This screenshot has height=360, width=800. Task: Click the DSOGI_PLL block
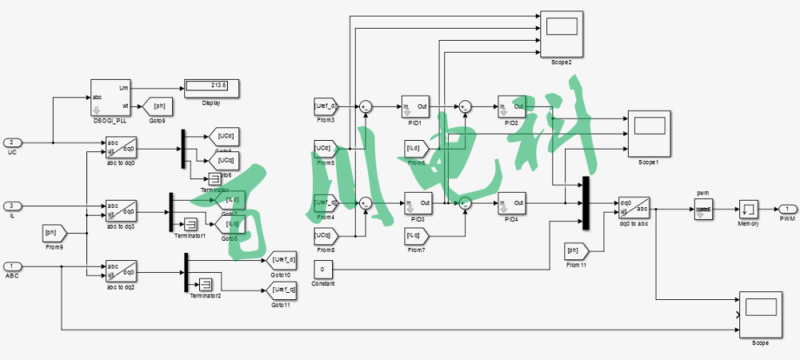pyautogui.click(x=110, y=97)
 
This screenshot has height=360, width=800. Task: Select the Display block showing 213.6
pyautogui.click(x=212, y=86)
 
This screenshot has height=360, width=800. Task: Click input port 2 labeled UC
pyautogui.click(x=12, y=142)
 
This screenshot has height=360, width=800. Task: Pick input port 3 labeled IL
pyautogui.click(x=12, y=206)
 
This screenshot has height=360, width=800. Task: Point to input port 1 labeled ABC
pyautogui.click(x=12, y=266)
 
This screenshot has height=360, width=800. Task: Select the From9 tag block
pyautogui.click(x=54, y=233)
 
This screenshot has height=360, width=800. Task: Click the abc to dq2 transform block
pyautogui.click(x=121, y=270)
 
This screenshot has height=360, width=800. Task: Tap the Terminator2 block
pyautogui.click(x=205, y=284)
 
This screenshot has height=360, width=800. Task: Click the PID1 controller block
pyautogui.click(x=414, y=110)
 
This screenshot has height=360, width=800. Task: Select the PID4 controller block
pyautogui.click(x=511, y=203)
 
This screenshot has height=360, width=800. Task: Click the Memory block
pyautogui.click(x=748, y=210)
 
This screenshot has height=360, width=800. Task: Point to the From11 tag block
pyautogui.click(x=577, y=251)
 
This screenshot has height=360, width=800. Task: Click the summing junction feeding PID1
pyautogui.click(x=366, y=106)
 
